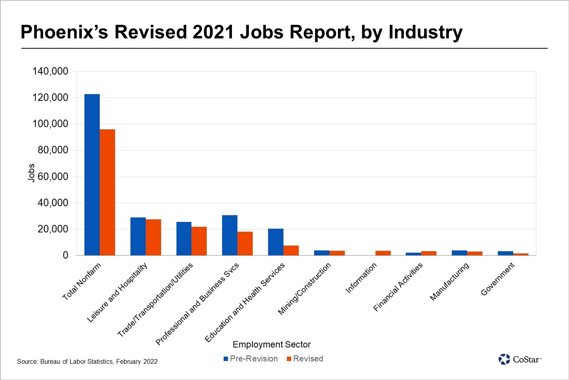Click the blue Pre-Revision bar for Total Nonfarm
tap(92, 175)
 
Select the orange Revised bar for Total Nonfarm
tap(107, 192)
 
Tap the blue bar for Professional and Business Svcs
tap(230, 235)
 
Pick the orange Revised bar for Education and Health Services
tap(291, 251)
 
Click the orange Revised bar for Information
tap(383, 253)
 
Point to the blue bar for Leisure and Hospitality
tap(138, 236)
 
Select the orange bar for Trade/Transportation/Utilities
tap(199, 241)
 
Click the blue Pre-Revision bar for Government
tap(505, 253)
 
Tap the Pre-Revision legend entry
tap(251, 359)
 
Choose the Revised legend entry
tap(305, 359)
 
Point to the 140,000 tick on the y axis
tap(50, 71)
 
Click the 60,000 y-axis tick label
tap(53, 177)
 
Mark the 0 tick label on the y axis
tap(66, 255)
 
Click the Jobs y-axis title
tap(31, 173)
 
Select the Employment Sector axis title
tap(271, 344)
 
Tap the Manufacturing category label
tap(450, 281)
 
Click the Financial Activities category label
tap(398, 287)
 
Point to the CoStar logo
tap(520, 359)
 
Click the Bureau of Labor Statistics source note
tap(87, 361)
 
